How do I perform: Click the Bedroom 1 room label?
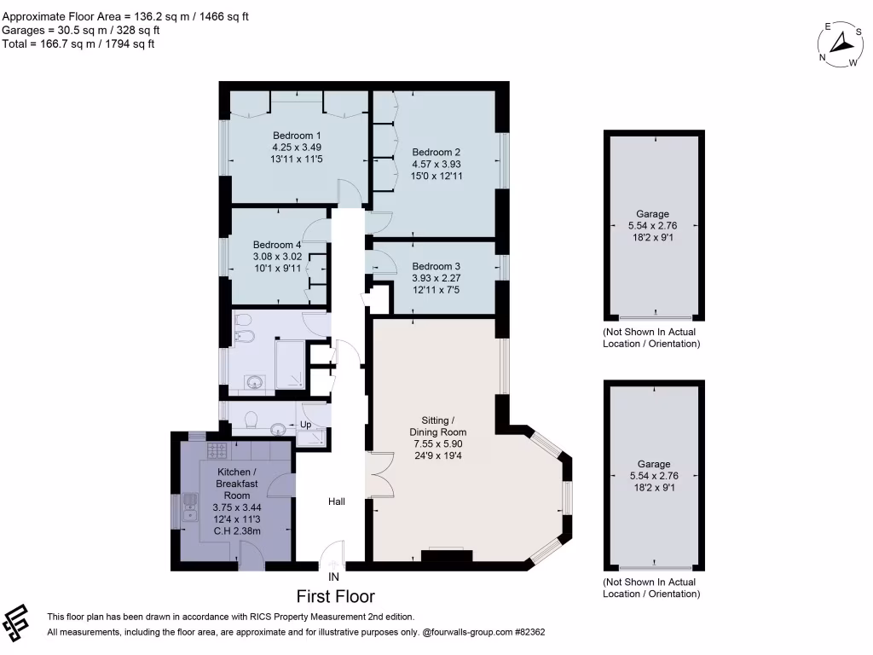(x=297, y=135)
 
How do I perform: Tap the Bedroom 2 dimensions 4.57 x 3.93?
(x=431, y=164)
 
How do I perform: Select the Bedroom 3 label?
(x=436, y=266)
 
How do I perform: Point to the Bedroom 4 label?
(x=277, y=244)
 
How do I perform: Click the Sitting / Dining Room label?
(x=444, y=426)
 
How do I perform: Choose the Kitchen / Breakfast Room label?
(x=234, y=484)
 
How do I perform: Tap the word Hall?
(x=337, y=502)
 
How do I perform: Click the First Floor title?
(x=335, y=596)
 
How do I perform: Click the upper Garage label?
(x=652, y=214)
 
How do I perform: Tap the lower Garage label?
(x=652, y=464)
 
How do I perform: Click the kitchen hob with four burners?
(x=217, y=449)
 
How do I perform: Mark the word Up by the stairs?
(x=304, y=425)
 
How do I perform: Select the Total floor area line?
(x=78, y=44)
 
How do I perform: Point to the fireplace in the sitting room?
(x=447, y=556)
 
